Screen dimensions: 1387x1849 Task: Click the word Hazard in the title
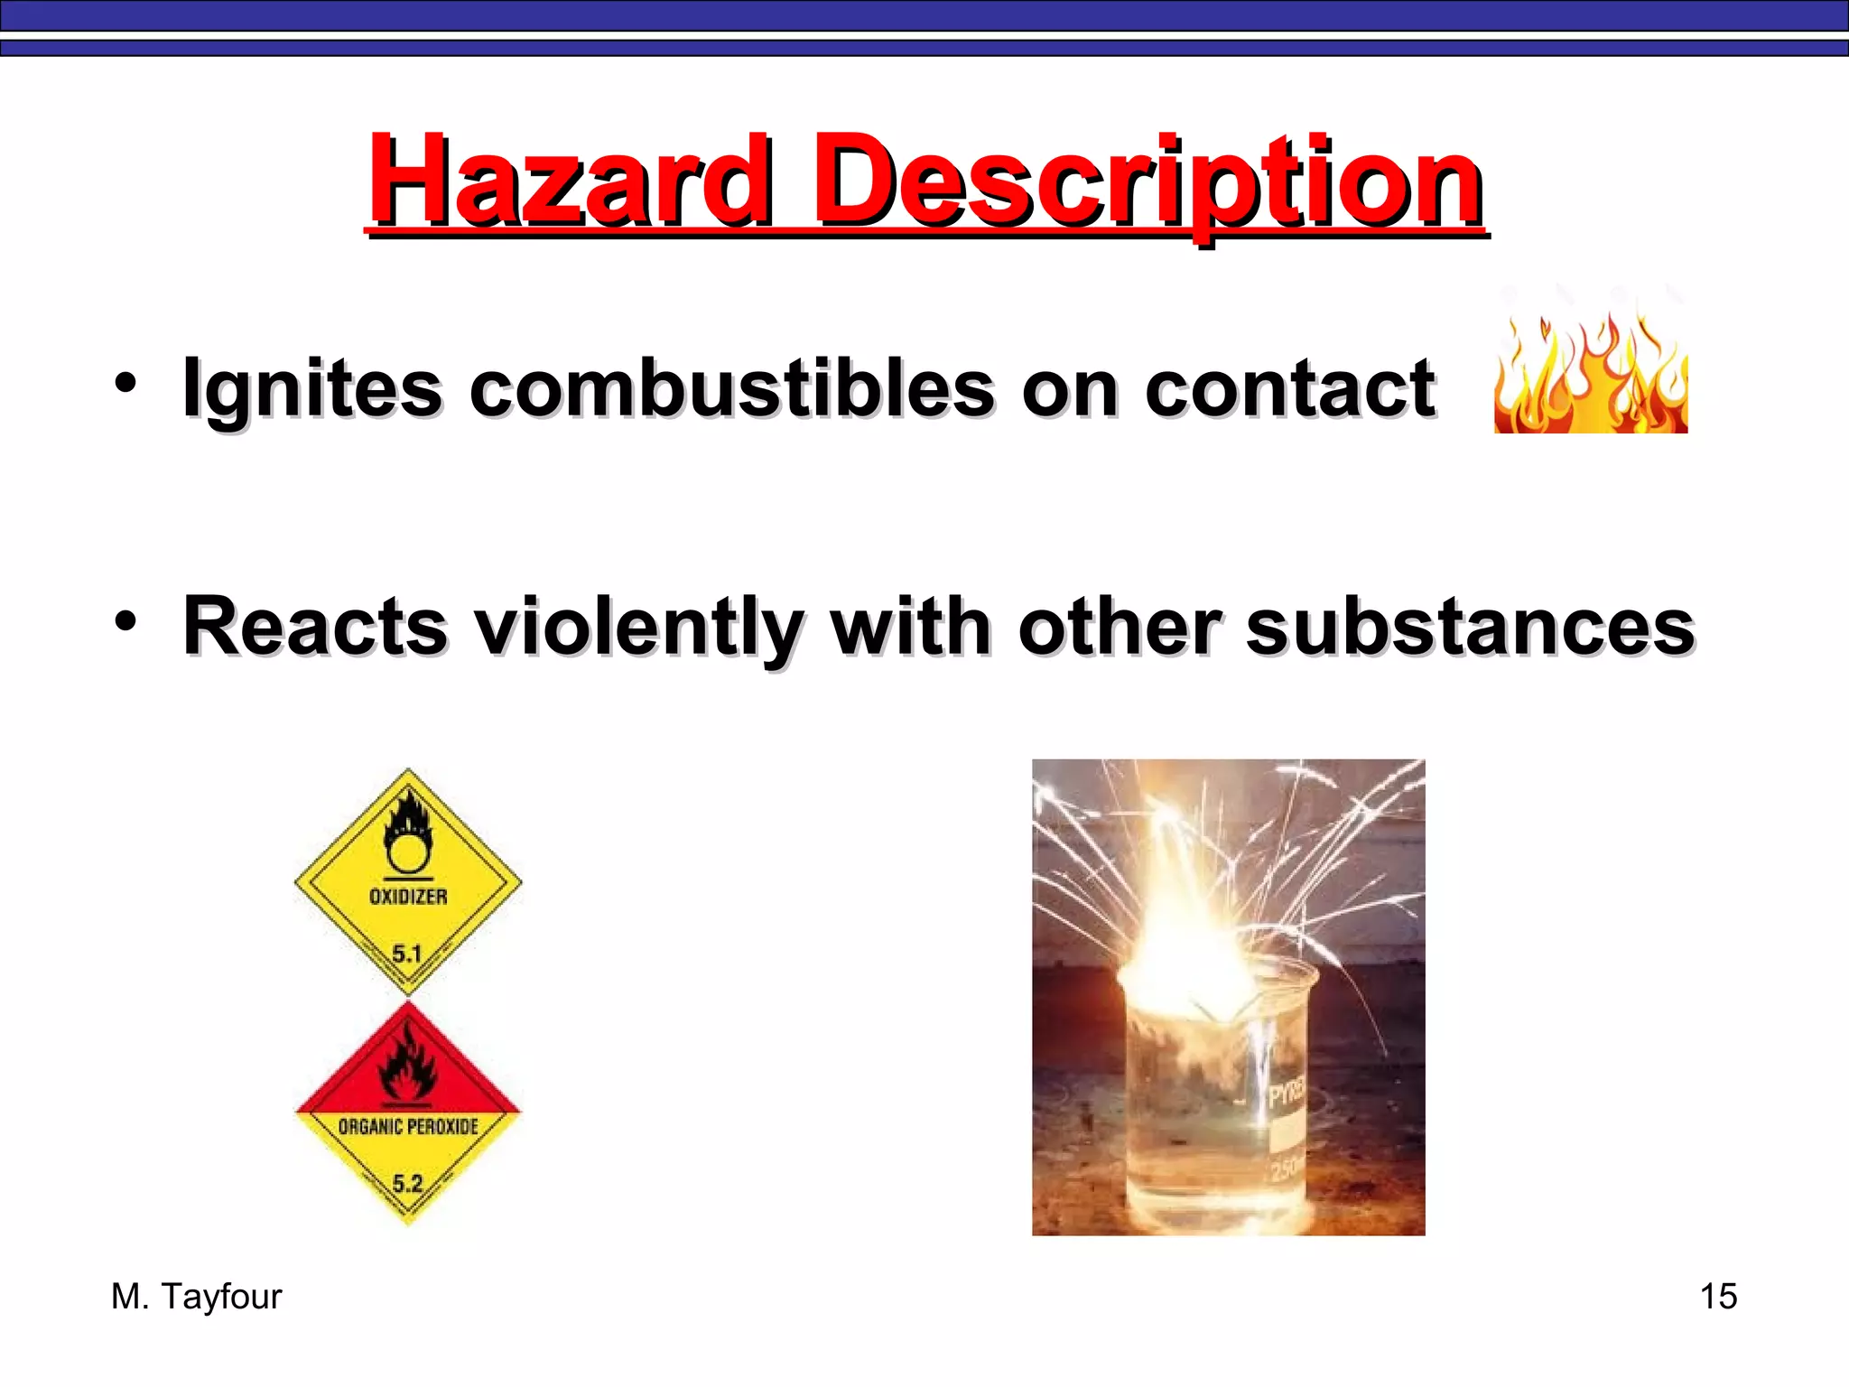(569, 181)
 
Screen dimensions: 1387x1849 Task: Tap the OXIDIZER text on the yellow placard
(408, 897)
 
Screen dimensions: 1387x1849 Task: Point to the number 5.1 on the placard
(407, 954)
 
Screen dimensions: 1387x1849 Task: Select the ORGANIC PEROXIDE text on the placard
(408, 1126)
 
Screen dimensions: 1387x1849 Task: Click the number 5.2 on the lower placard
(407, 1183)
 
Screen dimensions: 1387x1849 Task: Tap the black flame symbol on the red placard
(408, 1066)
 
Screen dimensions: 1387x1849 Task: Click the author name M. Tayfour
(196, 1297)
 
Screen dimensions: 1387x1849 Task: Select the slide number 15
(1718, 1297)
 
